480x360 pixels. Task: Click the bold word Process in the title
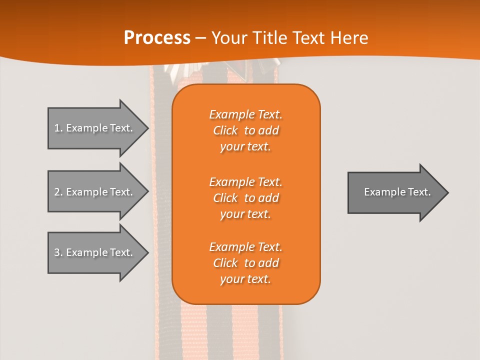pos(157,38)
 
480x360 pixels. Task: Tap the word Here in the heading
pos(348,38)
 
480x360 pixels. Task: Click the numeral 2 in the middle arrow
pos(57,192)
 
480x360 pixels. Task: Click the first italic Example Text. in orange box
pos(245,114)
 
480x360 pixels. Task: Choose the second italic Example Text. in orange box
pos(245,181)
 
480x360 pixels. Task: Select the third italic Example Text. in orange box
pos(245,247)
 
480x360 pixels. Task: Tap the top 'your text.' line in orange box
pos(245,147)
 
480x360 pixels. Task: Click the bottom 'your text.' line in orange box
pos(245,279)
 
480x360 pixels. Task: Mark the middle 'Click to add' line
pos(245,198)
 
